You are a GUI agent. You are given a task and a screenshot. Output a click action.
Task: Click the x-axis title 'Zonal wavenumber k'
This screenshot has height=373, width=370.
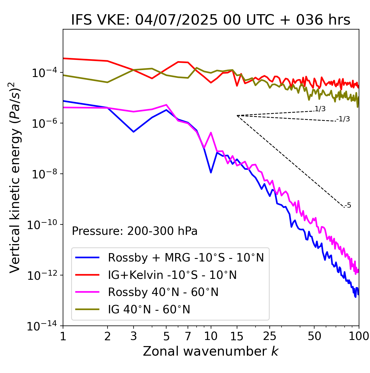pos(211,351)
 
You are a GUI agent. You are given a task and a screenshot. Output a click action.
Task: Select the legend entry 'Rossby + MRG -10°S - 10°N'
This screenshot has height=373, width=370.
pos(186,257)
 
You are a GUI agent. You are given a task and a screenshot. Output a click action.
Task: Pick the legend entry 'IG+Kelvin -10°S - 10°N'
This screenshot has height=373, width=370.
pos(172,275)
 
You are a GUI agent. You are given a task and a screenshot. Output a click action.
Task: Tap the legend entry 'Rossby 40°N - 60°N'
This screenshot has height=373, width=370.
pos(163,292)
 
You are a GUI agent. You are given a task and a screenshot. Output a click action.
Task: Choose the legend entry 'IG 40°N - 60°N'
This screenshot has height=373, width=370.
pos(149,310)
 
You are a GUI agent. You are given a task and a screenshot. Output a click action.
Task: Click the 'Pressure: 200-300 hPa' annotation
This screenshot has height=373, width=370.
pos(135,231)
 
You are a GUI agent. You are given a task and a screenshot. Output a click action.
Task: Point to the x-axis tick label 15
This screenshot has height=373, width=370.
pos(237,336)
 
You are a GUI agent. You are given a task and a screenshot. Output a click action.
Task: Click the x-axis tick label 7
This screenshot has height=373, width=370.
pos(188,336)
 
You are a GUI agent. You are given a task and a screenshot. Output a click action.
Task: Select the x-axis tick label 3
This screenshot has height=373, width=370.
pos(134,336)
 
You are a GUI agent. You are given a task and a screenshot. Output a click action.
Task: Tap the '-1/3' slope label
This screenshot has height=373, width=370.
pos(343,119)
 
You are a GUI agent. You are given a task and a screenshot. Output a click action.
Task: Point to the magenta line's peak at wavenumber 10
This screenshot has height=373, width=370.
pos(211,133)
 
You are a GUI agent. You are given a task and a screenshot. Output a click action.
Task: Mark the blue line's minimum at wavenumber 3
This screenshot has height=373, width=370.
pos(134,132)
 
